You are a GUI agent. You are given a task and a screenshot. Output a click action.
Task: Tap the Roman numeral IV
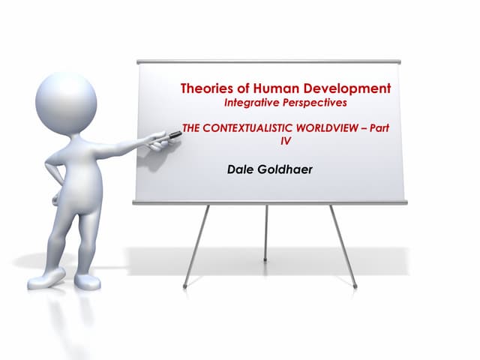[x=284, y=139]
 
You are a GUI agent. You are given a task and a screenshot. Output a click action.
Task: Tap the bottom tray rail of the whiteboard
[x=270, y=202]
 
